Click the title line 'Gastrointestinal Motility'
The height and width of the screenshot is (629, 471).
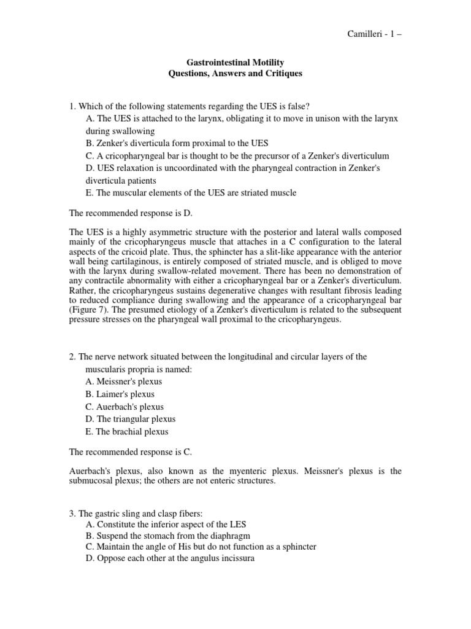[235, 63]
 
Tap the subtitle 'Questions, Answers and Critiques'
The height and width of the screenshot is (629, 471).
[235, 74]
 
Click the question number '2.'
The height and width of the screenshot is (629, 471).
[72, 357]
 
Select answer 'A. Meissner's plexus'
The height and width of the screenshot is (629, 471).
[124, 381]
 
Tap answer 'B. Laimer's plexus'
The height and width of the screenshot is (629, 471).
[120, 394]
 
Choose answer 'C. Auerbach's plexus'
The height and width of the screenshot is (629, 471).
[124, 407]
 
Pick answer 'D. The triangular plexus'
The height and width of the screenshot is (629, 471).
[131, 419]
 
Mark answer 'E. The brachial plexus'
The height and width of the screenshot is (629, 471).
[127, 431]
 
